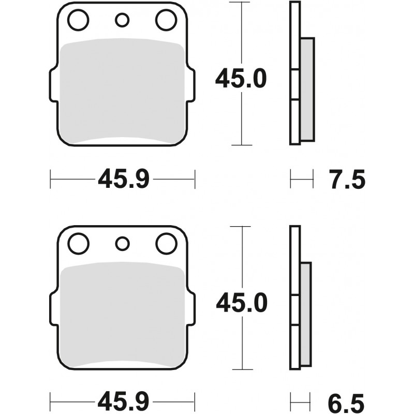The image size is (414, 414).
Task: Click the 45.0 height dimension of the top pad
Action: (x=241, y=79)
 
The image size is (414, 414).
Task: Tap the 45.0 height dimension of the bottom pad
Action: (x=242, y=303)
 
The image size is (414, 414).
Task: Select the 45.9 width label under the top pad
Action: (x=124, y=179)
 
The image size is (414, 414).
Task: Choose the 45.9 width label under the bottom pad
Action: (x=123, y=403)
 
